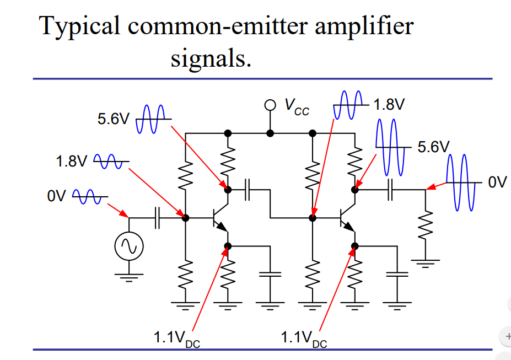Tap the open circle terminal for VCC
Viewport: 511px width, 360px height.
pyautogui.click(x=270, y=105)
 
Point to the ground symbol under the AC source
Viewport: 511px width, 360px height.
pyautogui.click(x=129, y=276)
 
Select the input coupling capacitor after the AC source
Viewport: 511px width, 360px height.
pyautogui.click(x=157, y=218)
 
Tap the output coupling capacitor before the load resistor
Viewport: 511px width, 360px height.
pyautogui.click(x=390, y=190)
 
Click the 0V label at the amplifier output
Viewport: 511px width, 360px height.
pyautogui.click(x=497, y=182)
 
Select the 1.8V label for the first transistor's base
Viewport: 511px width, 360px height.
pyautogui.click(x=72, y=162)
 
